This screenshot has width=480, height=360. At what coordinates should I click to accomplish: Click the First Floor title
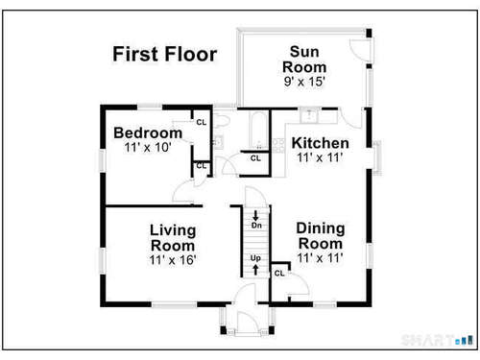point(165,54)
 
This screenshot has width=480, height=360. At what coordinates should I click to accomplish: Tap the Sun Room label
point(304,60)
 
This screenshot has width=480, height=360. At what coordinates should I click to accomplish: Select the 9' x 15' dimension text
point(304,82)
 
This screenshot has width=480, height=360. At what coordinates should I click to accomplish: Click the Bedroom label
point(148,132)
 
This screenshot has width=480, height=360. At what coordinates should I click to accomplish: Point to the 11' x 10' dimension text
point(148,148)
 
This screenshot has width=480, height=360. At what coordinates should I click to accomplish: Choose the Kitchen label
point(320,143)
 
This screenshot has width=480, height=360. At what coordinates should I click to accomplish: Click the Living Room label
point(173,238)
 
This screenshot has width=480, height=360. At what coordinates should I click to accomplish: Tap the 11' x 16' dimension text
point(173,260)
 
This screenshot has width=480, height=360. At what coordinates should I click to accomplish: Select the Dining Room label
point(321,236)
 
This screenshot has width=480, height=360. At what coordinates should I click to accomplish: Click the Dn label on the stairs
point(256,226)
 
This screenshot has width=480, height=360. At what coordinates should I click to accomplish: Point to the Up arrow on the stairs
point(255,270)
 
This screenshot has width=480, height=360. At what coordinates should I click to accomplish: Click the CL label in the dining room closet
point(279,274)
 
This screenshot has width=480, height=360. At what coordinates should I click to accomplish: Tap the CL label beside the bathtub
point(255,158)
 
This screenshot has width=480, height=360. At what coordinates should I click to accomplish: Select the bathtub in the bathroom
point(258,131)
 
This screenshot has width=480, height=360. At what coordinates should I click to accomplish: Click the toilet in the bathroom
point(222,121)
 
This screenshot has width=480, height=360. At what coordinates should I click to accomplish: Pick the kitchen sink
point(309,115)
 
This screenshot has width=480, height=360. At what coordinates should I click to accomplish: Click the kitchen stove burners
point(277,146)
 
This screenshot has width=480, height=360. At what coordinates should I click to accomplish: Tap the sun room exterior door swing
point(360,50)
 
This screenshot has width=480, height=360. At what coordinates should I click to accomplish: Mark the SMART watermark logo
point(437,340)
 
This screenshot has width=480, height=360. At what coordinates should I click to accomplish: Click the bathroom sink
point(219,142)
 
